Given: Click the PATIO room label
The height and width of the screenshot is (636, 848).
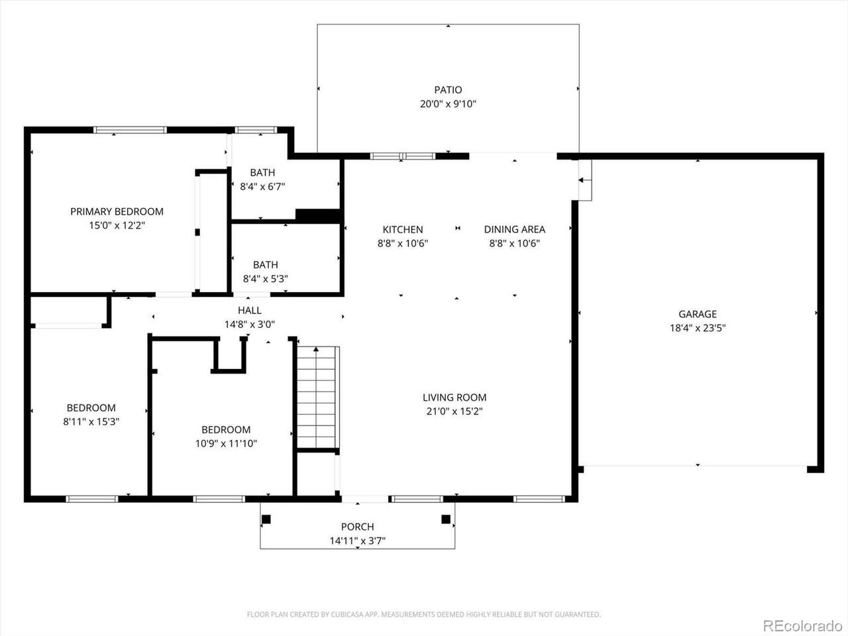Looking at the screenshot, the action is (448, 90).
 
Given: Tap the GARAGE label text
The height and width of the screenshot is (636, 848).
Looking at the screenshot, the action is (698, 314).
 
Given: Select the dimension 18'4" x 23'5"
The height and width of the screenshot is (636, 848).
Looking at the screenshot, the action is (698, 328).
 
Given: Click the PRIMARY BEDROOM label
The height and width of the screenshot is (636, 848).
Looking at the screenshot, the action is (117, 211).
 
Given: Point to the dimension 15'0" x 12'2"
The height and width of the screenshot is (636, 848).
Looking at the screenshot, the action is (117, 225).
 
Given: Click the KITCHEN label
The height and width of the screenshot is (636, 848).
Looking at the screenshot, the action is (403, 229).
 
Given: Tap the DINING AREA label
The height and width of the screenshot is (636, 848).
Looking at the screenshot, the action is (515, 229).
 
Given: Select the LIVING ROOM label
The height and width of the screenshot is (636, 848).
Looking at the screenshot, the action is (454, 397).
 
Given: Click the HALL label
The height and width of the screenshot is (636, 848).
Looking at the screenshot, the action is (250, 310).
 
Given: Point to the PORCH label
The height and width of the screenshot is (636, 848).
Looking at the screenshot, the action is (357, 527).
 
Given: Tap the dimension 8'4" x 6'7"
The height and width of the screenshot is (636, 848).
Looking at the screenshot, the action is (262, 187).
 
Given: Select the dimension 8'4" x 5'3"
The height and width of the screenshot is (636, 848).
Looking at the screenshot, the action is (266, 278).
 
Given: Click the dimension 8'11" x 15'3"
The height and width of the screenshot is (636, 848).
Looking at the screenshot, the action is (91, 421).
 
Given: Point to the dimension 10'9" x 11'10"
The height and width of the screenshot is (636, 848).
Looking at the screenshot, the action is (226, 443).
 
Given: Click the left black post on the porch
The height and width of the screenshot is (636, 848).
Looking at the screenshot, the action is (266, 519).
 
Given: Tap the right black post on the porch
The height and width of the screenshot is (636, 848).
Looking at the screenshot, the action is (446, 519).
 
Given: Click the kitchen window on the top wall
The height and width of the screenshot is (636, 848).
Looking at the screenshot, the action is (403, 156).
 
